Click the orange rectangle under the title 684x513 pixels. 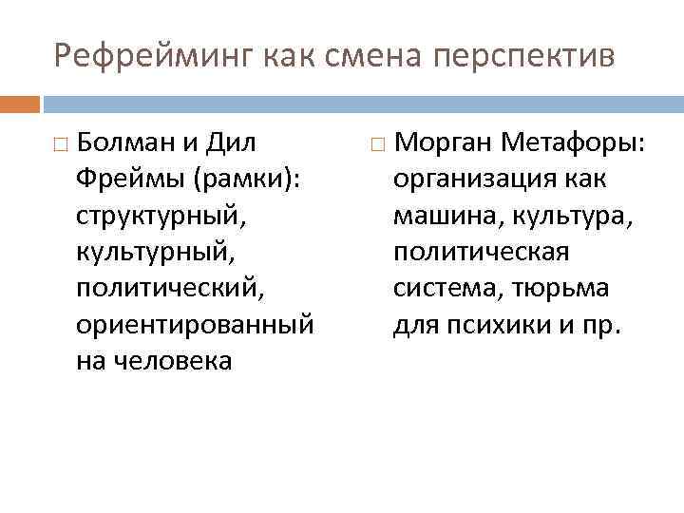click(20, 103)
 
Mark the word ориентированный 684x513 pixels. click(195, 326)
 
